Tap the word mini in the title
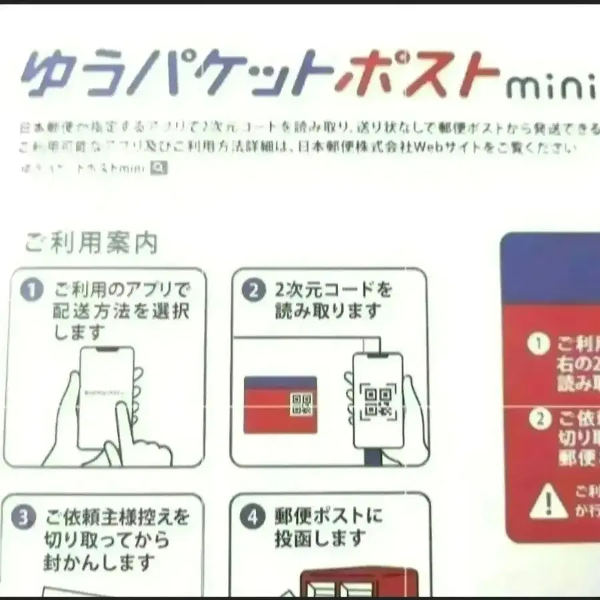click(x=550, y=87)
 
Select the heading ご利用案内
click(x=91, y=243)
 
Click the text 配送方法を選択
click(x=121, y=311)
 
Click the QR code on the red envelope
click(x=301, y=404)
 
